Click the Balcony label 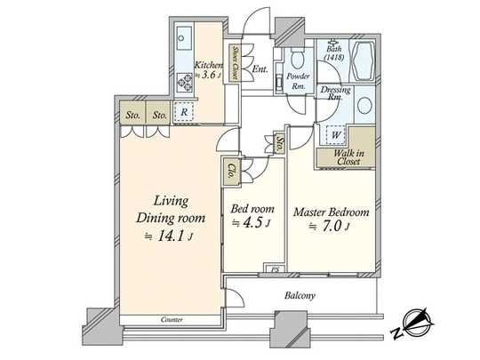tap(302, 295)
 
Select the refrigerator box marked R tap(183, 113)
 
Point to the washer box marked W tap(337, 134)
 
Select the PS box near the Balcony tap(276, 268)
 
